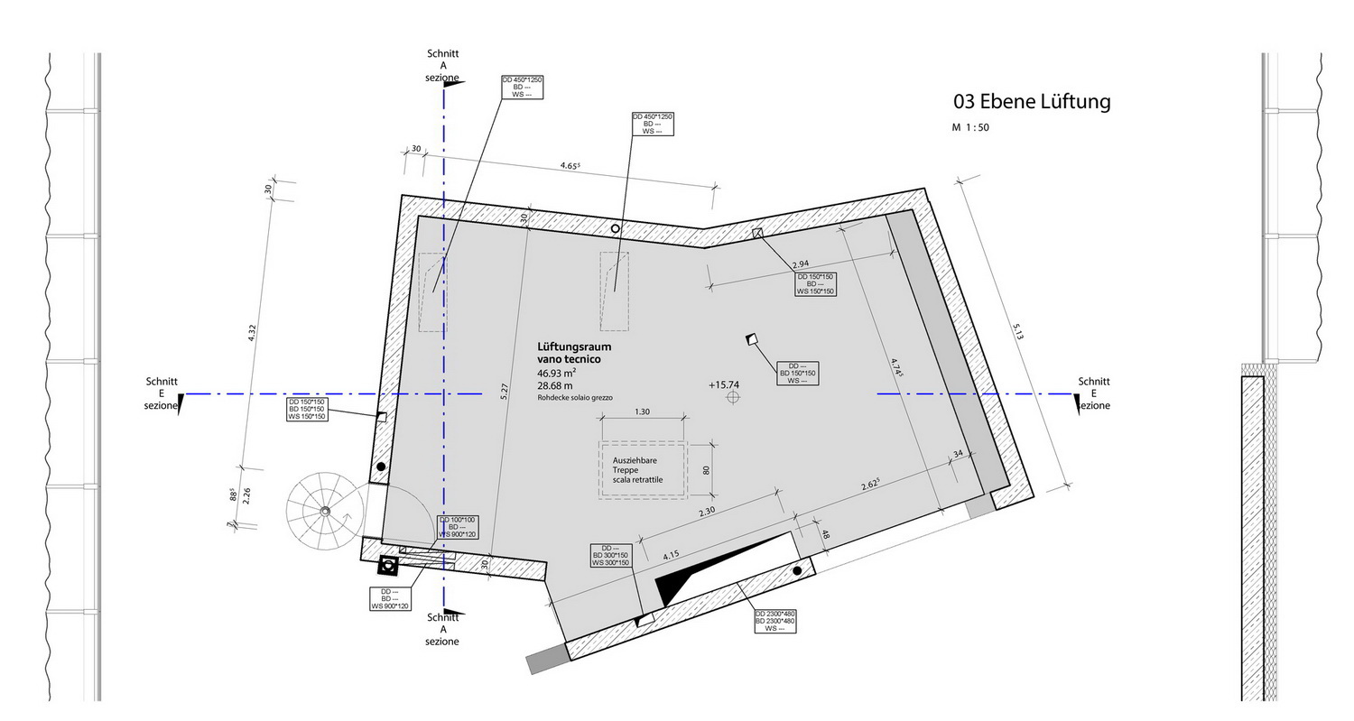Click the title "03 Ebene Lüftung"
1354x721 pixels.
(1032, 102)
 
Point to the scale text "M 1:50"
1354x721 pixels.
(970, 127)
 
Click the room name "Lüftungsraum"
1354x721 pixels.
(574, 347)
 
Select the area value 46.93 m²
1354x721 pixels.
(557, 373)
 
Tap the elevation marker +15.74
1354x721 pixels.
(724, 385)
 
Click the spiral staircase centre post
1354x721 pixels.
(325, 512)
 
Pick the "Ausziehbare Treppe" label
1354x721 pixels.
(635, 465)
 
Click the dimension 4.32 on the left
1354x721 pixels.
(252, 333)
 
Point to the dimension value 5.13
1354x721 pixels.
(1018, 332)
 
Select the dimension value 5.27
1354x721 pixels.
(505, 392)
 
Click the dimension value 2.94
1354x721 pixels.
(801, 264)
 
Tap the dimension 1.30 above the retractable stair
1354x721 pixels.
(642, 411)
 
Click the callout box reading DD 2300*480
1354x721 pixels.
(774, 621)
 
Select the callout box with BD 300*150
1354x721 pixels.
(610, 555)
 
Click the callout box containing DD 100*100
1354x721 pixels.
(458, 527)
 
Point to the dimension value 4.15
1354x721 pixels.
(671, 555)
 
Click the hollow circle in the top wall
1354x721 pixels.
(616, 228)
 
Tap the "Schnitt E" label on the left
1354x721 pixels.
(162, 387)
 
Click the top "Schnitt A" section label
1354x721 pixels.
(443, 60)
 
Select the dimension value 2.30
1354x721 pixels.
(707, 512)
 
